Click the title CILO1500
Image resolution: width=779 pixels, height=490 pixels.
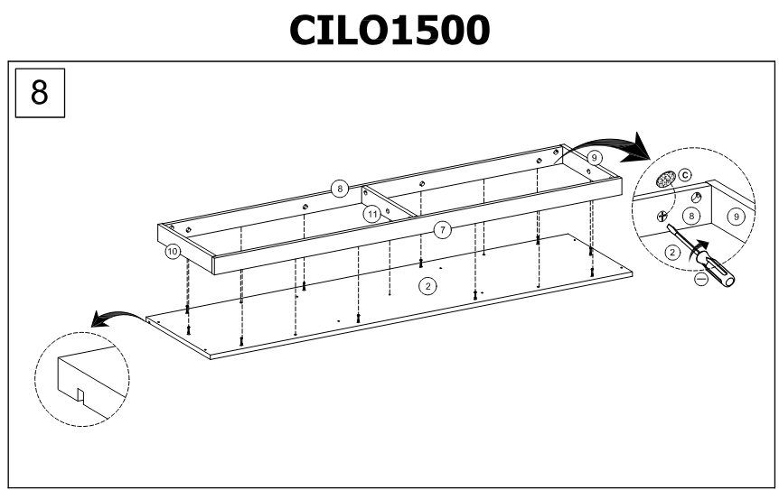click(x=389, y=29)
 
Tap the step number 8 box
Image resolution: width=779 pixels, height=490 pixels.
click(x=41, y=91)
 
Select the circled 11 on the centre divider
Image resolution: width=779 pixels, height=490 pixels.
click(x=371, y=214)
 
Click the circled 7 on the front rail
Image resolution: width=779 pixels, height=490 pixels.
click(x=442, y=230)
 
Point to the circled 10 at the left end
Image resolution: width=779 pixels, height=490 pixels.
click(x=173, y=252)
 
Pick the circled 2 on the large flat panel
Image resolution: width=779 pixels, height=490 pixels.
click(x=428, y=285)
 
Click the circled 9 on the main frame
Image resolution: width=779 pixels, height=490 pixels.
click(x=594, y=157)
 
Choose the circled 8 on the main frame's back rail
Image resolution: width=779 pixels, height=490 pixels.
click(x=339, y=190)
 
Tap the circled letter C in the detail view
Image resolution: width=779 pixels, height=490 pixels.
click(x=684, y=174)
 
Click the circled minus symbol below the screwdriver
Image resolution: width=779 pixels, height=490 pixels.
click(x=701, y=280)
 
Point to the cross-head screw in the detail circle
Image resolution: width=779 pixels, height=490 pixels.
click(x=662, y=216)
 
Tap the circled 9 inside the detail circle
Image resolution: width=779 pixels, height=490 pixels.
click(x=736, y=217)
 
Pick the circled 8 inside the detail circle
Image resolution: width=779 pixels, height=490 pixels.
click(x=691, y=217)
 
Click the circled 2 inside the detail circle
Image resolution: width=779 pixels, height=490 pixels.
click(x=672, y=253)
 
